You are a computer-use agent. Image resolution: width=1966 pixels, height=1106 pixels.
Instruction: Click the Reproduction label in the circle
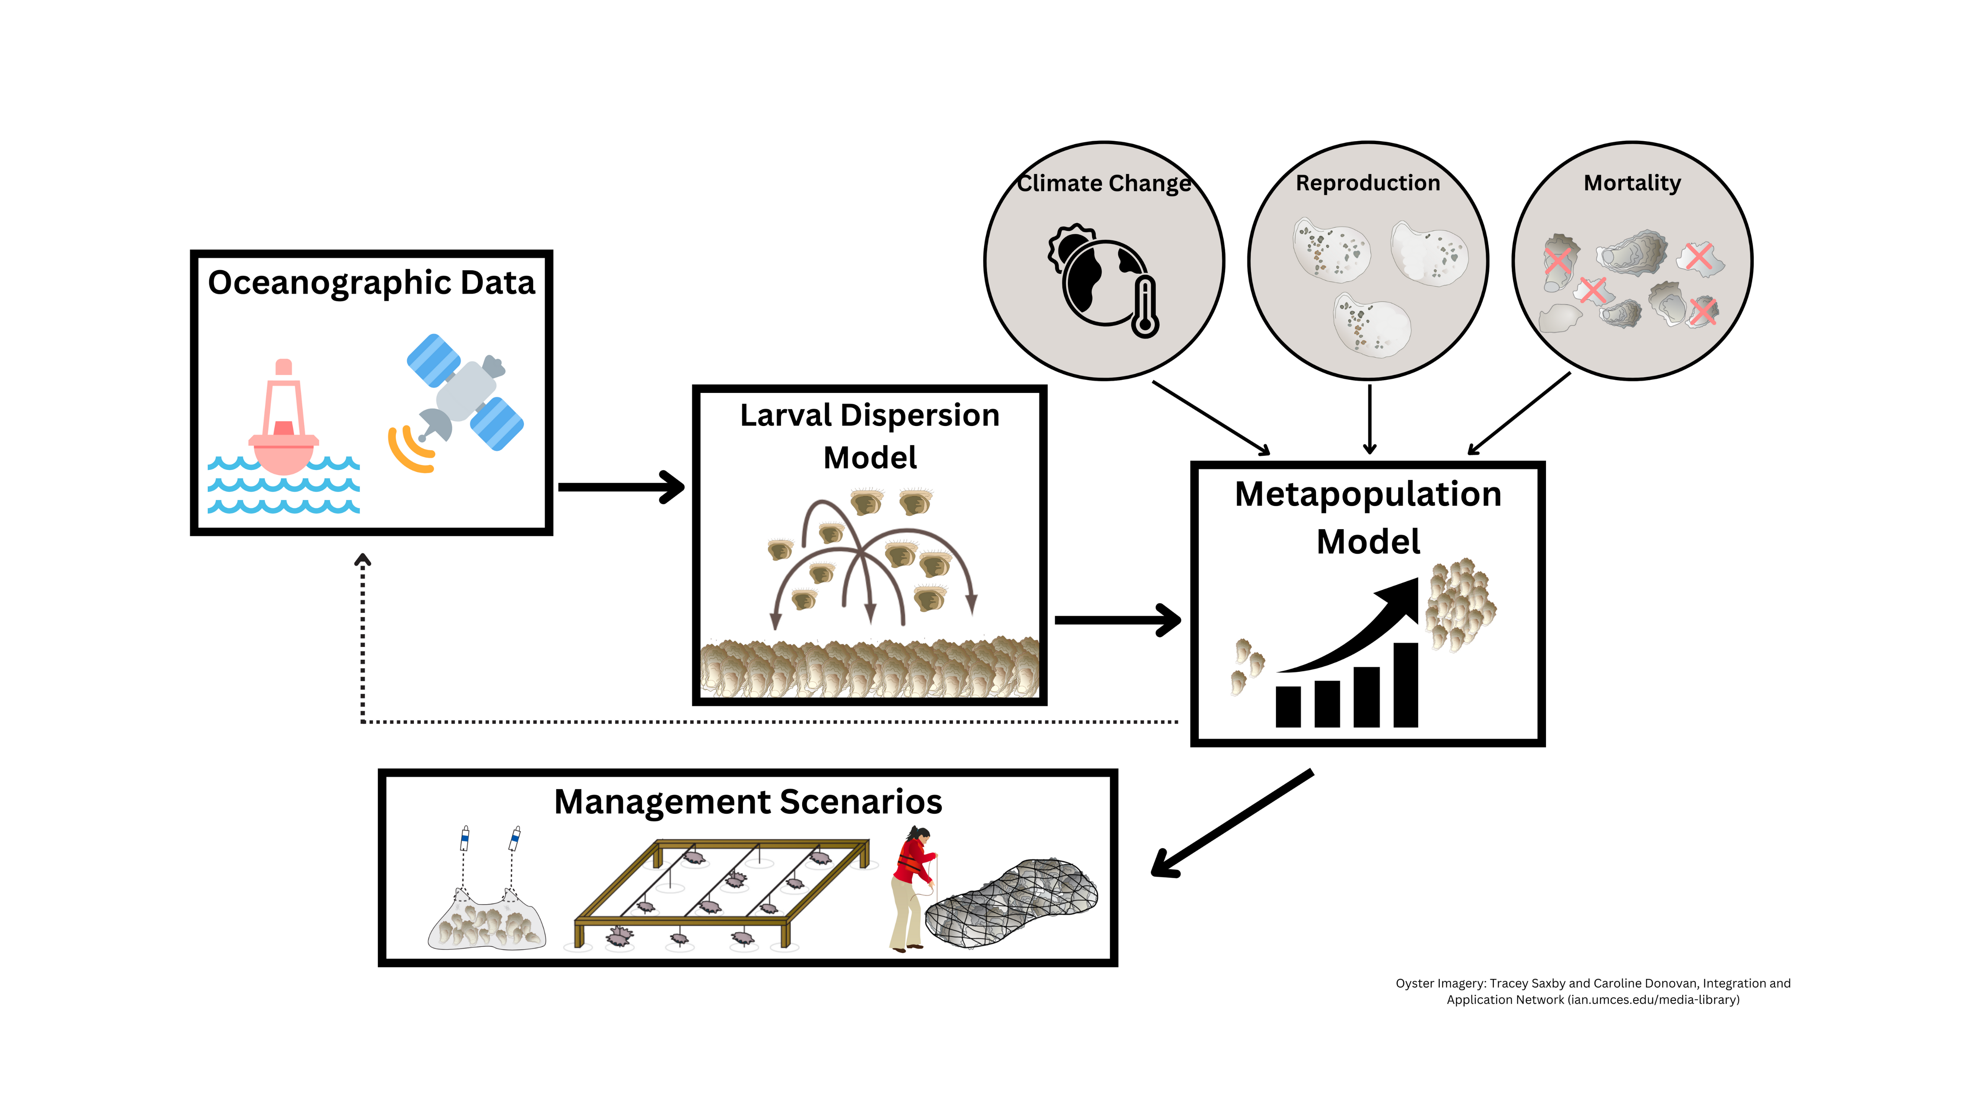[x=1368, y=183]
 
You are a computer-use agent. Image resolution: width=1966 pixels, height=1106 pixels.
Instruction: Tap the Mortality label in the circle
[x=1632, y=183]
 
